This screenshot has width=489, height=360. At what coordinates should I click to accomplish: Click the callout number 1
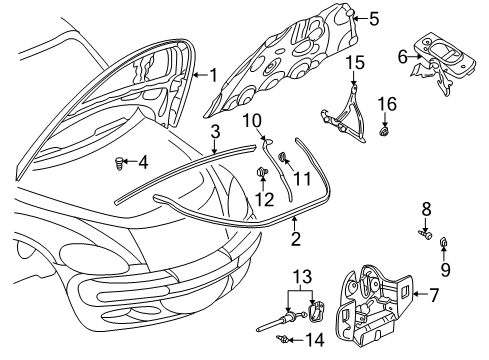[213, 73]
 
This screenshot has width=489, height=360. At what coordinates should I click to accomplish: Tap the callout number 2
[296, 240]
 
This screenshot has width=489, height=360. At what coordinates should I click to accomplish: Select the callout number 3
[213, 131]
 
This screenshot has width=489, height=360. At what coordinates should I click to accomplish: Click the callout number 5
[374, 18]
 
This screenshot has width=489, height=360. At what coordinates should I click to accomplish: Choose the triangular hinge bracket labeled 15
[347, 105]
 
